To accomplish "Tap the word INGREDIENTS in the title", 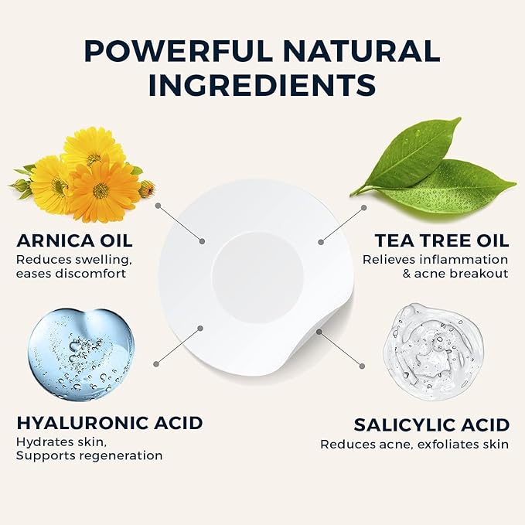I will click(x=262, y=84).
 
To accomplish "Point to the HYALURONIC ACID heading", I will click(x=110, y=423).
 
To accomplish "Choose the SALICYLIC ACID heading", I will click(x=431, y=424).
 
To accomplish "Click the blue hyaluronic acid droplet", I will click(x=80, y=354).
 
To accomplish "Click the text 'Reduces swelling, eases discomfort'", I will click(x=70, y=265).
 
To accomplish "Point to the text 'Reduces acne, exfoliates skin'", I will click(x=414, y=445).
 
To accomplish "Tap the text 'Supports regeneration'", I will click(x=90, y=456).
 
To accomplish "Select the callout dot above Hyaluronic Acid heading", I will click(x=158, y=362).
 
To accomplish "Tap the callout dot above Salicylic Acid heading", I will click(x=362, y=362).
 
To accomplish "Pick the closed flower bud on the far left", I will click(x=19, y=185).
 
